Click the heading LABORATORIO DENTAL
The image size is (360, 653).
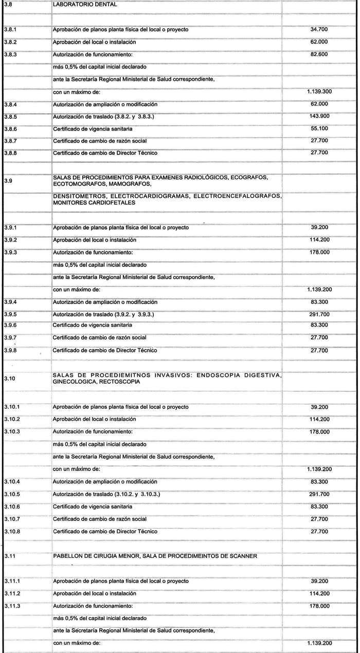click(85, 4)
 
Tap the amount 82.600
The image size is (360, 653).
click(319, 54)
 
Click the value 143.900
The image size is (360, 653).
click(319, 116)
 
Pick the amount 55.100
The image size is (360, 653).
click(319, 129)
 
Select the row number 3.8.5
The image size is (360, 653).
click(10, 116)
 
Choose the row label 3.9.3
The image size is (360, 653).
click(10, 252)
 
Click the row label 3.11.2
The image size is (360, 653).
click(12, 593)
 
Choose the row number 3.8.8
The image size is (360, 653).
click(10, 153)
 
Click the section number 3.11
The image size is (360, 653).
click(9, 556)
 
